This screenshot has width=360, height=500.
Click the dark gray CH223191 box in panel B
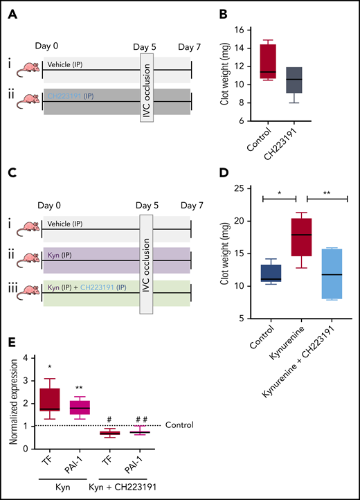[295, 80]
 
